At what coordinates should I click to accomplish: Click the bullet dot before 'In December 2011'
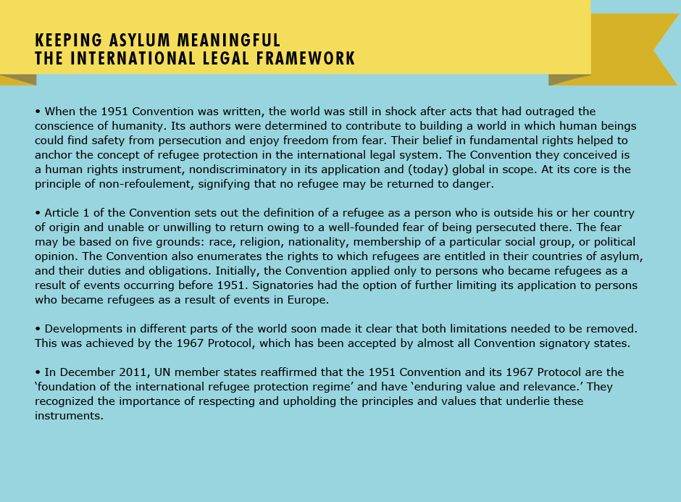coord(38,372)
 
